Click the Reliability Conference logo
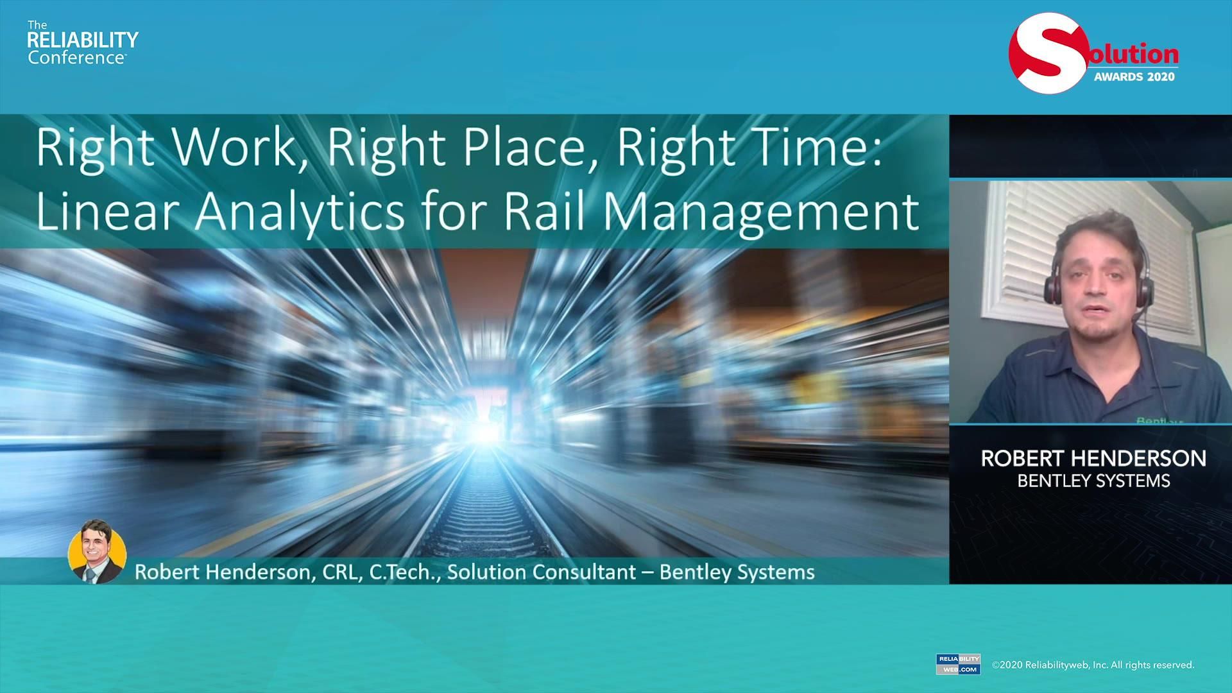tap(83, 42)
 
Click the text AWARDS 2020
tap(1134, 77)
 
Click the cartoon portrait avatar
tap(97, 551)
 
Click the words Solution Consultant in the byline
tap(542, 572)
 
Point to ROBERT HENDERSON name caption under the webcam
tap(1093, 458)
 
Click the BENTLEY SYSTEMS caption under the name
tap(1093, 481)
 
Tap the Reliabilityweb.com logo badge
tap(958, 664)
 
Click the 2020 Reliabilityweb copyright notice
tap(1093, 665)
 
